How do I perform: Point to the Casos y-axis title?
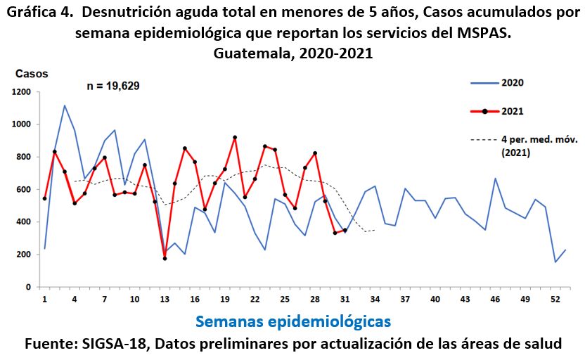pos(30,73)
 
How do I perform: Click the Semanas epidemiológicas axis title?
pos(293,321)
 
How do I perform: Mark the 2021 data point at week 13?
pos(165,259)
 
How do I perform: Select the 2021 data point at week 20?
pos(235,138)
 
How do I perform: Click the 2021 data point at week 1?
pos(45,198)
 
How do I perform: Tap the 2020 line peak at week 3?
pos(65,105)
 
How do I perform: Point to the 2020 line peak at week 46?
pos(495,179)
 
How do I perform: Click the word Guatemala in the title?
pos(248,53)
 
